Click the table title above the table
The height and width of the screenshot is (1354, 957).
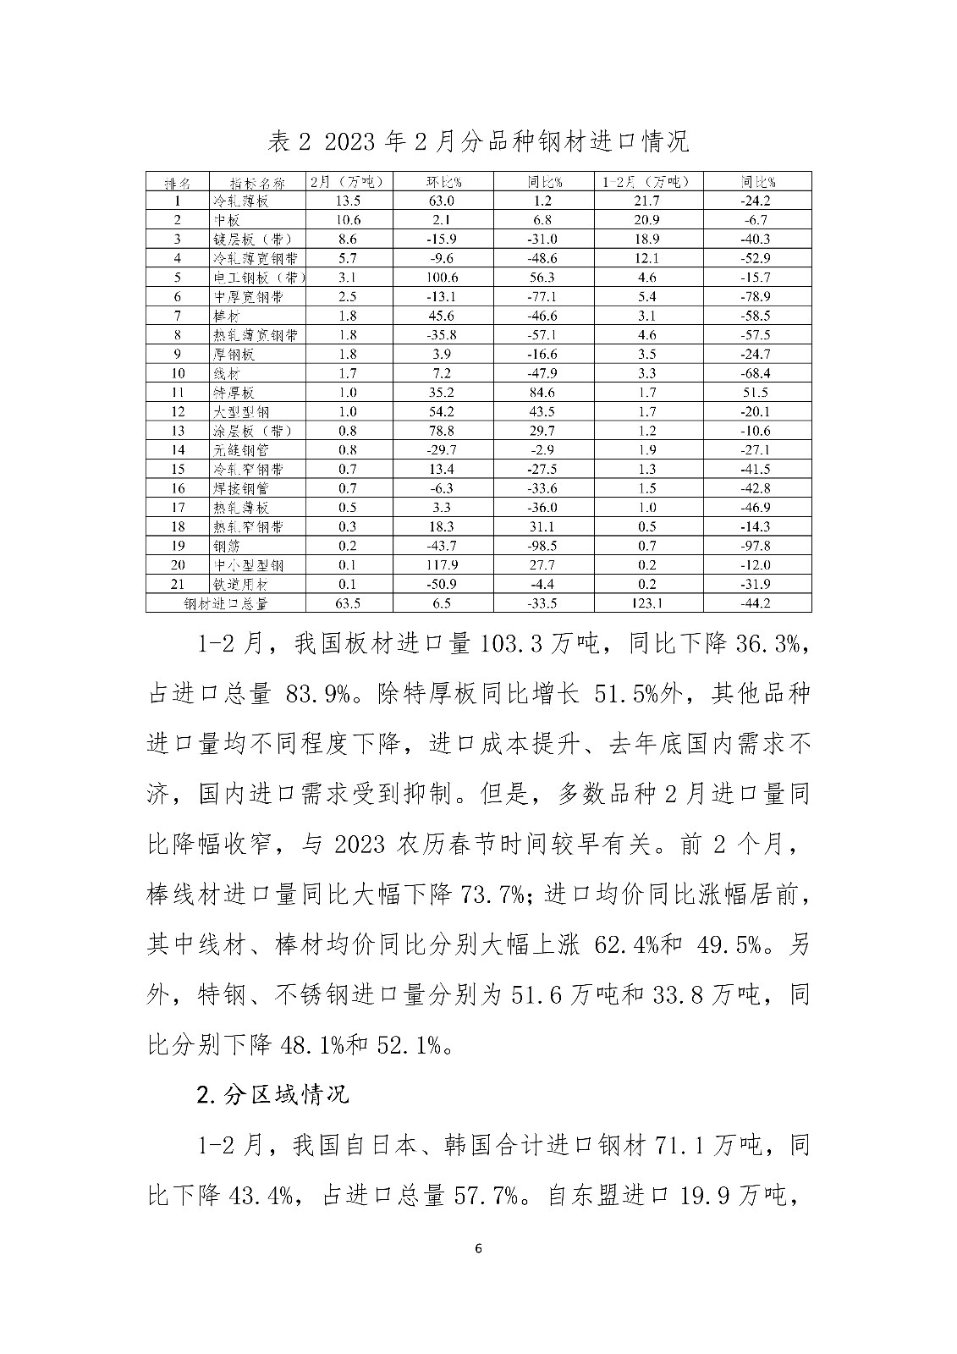pos(478,141)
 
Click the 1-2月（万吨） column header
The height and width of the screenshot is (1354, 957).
pos(648,182)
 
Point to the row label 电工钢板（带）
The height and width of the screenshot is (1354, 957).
pos(258,278)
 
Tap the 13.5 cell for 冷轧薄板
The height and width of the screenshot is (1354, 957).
pos(347,201)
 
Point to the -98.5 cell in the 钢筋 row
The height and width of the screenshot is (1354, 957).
pos(542,546)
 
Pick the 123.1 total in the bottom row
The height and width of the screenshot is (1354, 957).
pos(648,603)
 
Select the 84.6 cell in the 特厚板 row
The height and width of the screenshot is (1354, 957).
pos(542,393)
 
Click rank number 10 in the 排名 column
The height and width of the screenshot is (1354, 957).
pos(177,373)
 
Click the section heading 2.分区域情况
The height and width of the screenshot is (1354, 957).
pos(272,1094)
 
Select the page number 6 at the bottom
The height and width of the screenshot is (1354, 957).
pos(479,1249)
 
